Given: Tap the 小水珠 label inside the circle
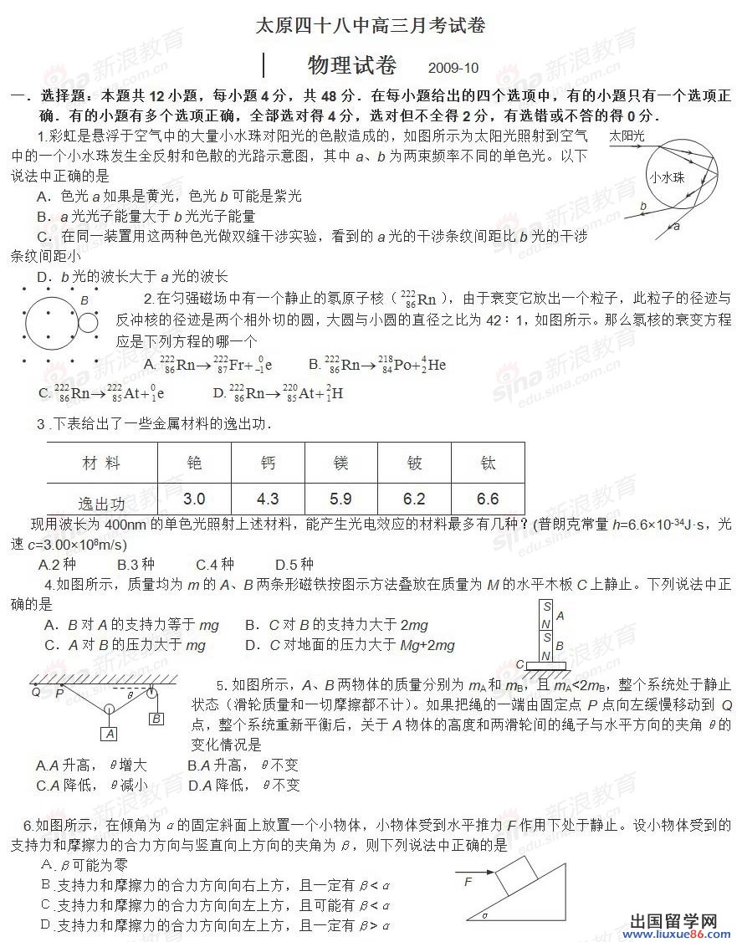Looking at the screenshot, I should tap(666, 177).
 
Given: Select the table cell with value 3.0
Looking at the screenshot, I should tap(194, 499).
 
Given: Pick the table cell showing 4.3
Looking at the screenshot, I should tap(268, 499).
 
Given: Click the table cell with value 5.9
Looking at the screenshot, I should tap(340, 499).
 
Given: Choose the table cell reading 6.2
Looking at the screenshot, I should tap(414, 499).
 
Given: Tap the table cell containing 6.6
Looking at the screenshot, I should tap(488, 499).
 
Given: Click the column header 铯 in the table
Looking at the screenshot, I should tap(194, 462).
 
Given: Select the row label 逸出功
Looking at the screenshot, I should tap(101, 503).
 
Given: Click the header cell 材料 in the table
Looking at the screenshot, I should tap(101, 463).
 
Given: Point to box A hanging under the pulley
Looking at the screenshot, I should tap(109, 734).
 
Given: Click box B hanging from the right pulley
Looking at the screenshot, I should tap(156, 717).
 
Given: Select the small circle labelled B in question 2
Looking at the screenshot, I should tap(87, 321).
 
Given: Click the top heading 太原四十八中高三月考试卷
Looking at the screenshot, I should tap(371, 26).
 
